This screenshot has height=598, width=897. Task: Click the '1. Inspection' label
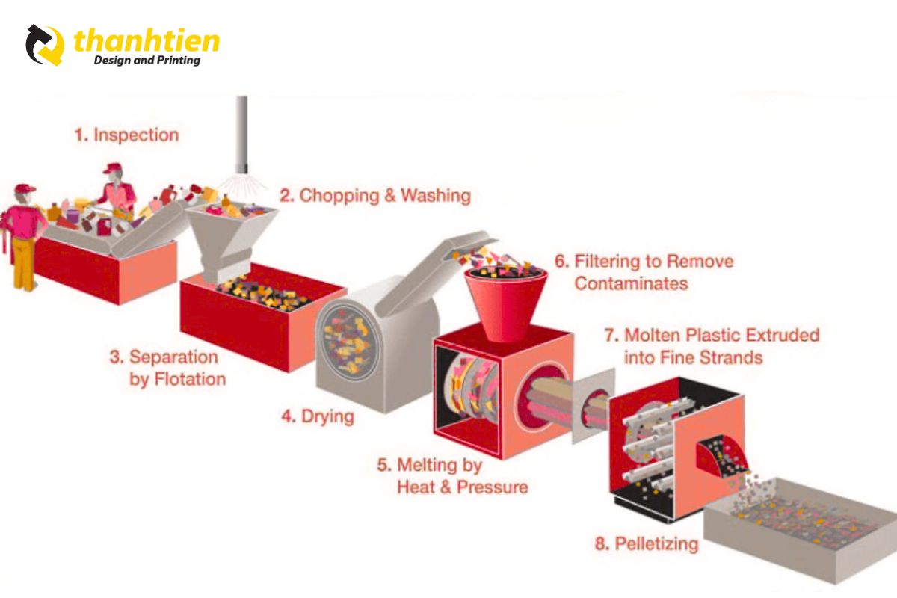pos(126,135)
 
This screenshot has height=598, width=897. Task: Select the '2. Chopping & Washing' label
pos(375,196)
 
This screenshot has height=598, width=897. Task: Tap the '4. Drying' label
pos(317,416)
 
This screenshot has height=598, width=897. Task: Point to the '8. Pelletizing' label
pos(647,543)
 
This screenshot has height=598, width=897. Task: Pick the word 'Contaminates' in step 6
pos(632,283)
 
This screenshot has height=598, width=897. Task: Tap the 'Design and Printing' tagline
pos(147,60)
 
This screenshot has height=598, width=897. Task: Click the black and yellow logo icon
pos(46,45)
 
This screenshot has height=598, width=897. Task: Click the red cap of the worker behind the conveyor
pos(112,168)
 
